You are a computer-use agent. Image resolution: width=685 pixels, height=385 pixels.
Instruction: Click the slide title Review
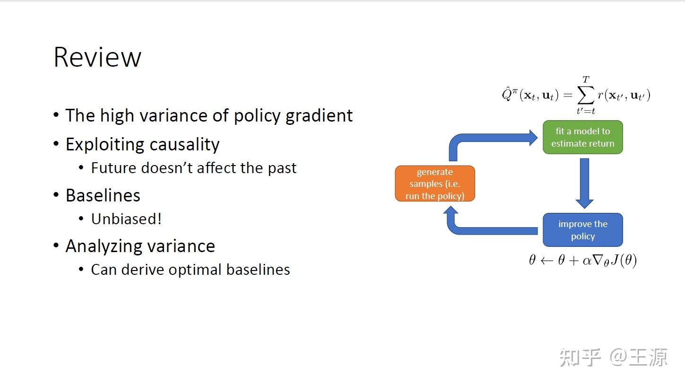click(x=97, y=57)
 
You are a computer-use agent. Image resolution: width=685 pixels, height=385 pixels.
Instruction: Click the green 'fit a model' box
click(x=582, y=137)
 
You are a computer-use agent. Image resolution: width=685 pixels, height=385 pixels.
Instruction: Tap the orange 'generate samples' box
click(x=434, y=184)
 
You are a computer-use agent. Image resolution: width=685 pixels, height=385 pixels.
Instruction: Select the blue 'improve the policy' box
click(x=582, y=230)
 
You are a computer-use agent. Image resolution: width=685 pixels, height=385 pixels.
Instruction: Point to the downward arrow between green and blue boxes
click(x=584, y=183)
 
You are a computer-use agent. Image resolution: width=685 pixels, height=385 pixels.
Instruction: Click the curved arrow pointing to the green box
click(x=492, y=138)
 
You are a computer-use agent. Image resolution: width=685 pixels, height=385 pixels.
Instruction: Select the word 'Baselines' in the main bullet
click(x=103, y=195)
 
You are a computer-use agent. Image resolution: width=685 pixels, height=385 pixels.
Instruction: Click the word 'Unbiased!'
click(x=126, y=219)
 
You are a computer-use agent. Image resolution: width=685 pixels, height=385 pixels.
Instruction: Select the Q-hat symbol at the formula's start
click(x=506, y=94)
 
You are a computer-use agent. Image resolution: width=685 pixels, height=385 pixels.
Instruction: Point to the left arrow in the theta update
click(x=546, y=261)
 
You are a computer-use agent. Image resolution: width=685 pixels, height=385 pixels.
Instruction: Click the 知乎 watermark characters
click(x=580, y=358)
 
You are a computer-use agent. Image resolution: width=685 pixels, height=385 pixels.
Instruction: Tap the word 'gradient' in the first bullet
click(x=319, y=116)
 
